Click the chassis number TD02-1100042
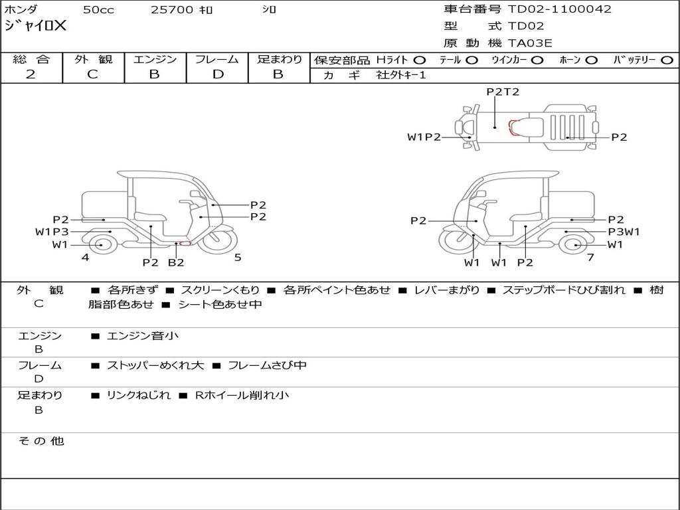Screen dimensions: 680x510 coord(560,9)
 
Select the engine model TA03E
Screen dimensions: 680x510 coord(530,44)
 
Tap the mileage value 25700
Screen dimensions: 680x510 coord(172,10)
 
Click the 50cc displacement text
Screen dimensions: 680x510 coord(98,10)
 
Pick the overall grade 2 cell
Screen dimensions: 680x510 coord(31,74)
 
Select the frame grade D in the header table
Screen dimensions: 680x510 coord(217,74)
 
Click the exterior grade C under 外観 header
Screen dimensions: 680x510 coord(93,74)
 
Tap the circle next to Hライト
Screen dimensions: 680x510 coord(420,60)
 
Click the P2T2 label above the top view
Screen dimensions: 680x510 coord(503,92)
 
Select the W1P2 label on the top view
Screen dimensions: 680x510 coord(424,137)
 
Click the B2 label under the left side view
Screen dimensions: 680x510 coord(175,262)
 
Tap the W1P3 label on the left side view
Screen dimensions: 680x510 coord(52,232)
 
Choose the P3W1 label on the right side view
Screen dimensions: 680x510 coord(624,232)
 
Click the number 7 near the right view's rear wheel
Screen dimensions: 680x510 coord(590,257)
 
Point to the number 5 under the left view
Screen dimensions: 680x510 coord(237,258)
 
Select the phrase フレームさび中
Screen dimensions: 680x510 coord(267,365)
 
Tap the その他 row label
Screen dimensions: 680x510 coord(41,441)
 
